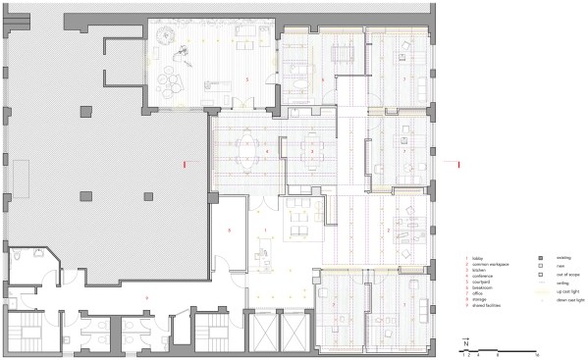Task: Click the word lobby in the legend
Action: click(477, 259)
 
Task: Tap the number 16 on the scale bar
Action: click(539, 351)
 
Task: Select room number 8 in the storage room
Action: click(229, 230)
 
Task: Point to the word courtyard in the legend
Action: click(481, 279)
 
